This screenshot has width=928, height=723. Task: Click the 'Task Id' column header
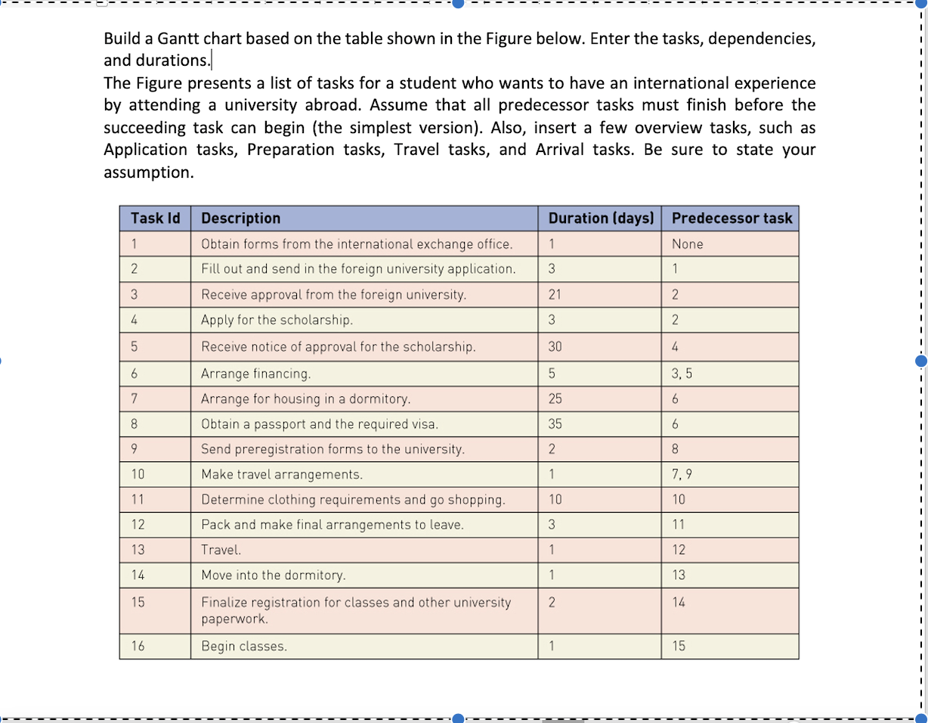coord(155,219)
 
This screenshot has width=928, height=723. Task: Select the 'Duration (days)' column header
coord(600,219)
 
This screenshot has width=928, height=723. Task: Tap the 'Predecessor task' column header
coord(732,219)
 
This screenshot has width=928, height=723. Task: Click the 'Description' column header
coord(240,219)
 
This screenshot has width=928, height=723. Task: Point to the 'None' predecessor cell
coord(687,244)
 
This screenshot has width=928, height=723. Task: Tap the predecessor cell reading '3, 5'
coord(682,373)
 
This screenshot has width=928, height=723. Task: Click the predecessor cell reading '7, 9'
coord(682,475)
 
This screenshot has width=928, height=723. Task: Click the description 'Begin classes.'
coord(244,647)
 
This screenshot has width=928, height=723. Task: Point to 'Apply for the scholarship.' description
coord(277,320)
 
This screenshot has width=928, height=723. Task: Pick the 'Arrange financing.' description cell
coord(255,374)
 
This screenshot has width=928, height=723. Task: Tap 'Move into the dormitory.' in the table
coord(273,576)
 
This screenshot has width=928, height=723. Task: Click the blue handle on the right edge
coord(920,361)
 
